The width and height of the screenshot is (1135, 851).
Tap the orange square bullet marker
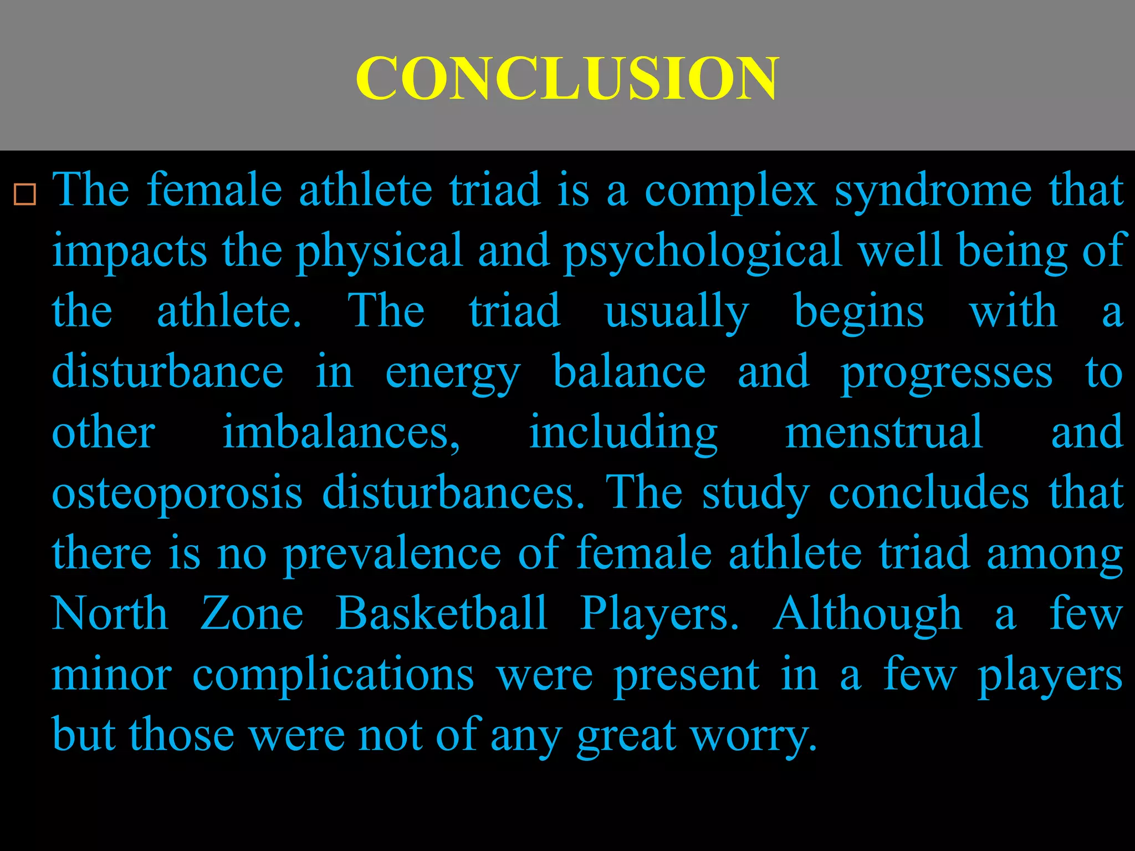[25, 195]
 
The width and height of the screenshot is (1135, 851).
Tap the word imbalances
[341, 433]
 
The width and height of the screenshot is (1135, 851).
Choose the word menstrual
[884, 433]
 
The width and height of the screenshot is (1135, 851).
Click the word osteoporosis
[177, 493]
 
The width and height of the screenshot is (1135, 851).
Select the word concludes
[929, 493]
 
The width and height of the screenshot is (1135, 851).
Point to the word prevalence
[392, 554]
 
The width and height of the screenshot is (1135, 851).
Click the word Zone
[252, 614]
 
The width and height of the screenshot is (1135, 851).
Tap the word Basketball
[442, 614]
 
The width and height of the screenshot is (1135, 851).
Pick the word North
[110, 614]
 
